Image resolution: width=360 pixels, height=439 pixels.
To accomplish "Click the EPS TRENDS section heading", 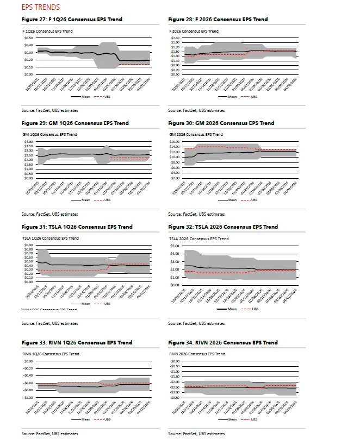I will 41,8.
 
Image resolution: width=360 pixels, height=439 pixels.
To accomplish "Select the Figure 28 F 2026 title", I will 218,20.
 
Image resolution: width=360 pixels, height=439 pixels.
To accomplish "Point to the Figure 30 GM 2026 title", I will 221,123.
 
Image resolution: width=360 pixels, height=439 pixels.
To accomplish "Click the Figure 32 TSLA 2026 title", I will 224,227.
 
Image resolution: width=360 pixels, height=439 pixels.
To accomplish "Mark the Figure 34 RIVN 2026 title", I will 224,343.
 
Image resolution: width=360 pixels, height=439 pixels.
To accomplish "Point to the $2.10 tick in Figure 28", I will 175,39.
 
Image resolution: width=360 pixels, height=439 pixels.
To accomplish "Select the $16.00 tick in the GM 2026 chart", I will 175,142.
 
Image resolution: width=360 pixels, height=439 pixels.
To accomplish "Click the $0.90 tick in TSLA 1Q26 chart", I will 28,245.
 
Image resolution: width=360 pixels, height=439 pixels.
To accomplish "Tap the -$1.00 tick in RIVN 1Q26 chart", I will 28,398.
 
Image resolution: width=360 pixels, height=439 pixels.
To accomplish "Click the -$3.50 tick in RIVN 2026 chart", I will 175,398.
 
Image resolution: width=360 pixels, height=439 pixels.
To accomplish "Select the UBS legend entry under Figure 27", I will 102,97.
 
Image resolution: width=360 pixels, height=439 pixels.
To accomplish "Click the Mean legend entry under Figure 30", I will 232,200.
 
